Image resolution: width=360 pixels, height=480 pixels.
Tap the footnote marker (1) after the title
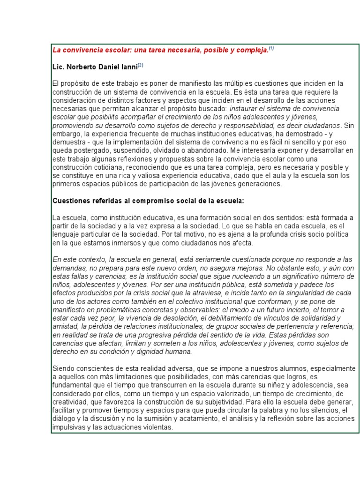point(270,48)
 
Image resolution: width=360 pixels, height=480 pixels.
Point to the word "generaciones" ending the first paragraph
point(260,184)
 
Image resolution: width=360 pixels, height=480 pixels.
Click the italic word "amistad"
point(65,327)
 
